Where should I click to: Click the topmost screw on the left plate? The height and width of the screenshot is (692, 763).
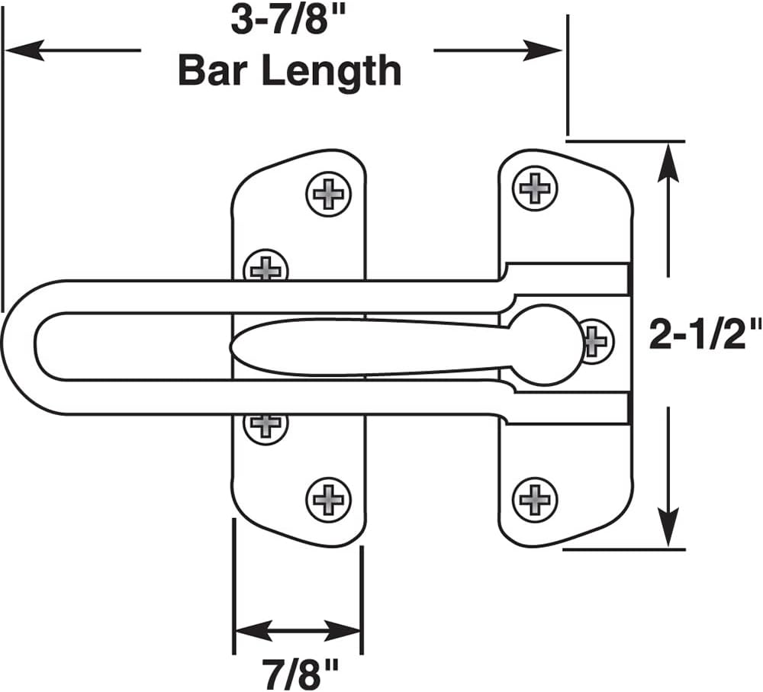click(329, 194)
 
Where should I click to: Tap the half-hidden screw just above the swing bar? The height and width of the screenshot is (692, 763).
click(266, 266)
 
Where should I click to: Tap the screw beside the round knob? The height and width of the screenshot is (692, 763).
click(597, 340)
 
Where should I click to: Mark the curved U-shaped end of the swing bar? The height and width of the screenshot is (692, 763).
click(18, 347)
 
